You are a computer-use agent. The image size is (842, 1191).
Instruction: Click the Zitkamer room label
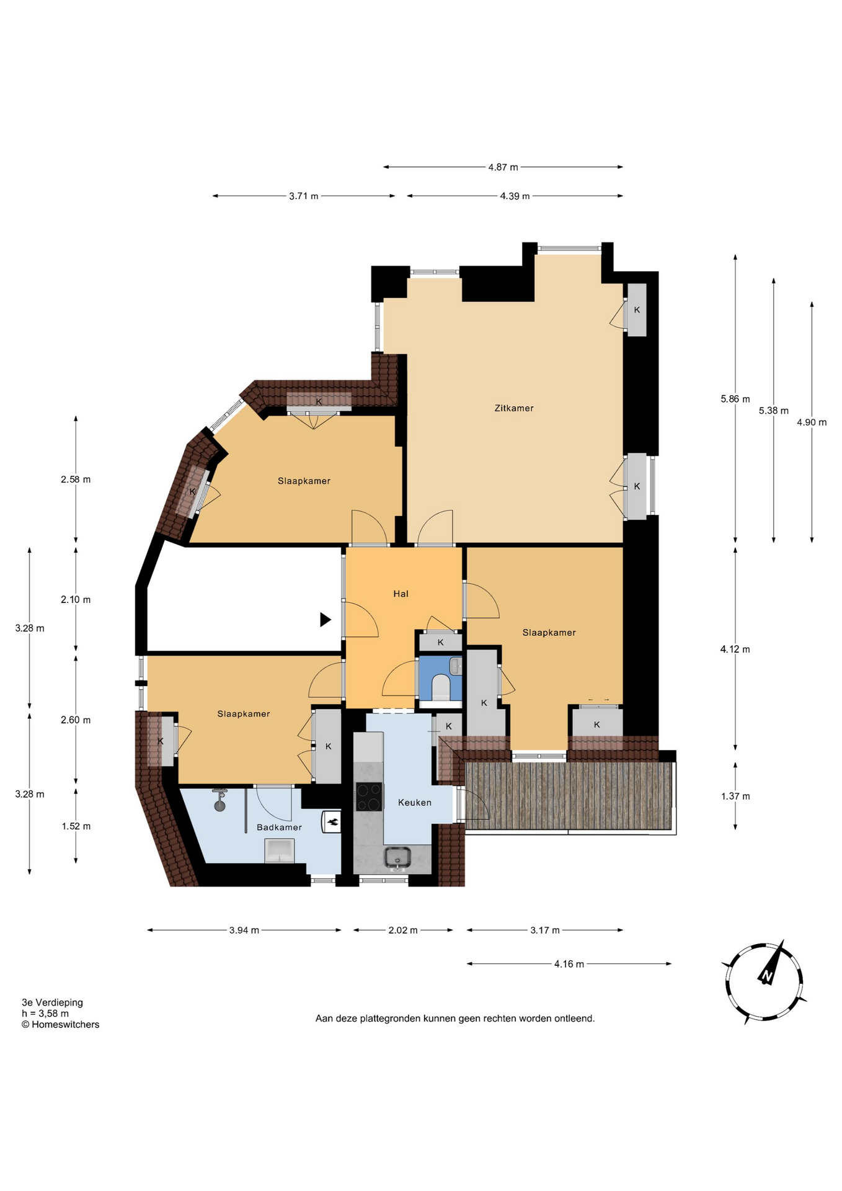tap(514, 408)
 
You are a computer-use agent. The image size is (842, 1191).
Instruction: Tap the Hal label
tap(401, 594)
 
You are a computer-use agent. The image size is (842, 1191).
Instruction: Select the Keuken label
tap(415, 803)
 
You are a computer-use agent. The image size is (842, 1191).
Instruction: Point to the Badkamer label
tap(279, 827)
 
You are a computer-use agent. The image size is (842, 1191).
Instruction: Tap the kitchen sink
tap(397, 857)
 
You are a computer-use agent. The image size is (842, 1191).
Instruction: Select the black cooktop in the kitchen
tap(369, 797)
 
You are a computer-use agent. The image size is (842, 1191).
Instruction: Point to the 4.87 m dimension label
tap(503, 167)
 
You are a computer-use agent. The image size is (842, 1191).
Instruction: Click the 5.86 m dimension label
tap(735, 399)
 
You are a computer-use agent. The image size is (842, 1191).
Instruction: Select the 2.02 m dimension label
tap(403, 930)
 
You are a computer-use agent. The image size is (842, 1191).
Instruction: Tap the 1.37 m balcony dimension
tap(735, 796)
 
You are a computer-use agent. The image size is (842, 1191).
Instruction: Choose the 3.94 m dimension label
tap(244, 930)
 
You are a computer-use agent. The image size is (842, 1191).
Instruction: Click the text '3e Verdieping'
tap(52, 1002)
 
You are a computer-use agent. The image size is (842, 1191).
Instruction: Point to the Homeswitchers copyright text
tap(60, 1025)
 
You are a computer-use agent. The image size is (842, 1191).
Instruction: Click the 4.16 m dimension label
tap(569, 965)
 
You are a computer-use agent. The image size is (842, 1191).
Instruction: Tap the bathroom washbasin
tap(279, 850)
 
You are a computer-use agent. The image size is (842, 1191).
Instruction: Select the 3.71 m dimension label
tap(304, 197)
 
